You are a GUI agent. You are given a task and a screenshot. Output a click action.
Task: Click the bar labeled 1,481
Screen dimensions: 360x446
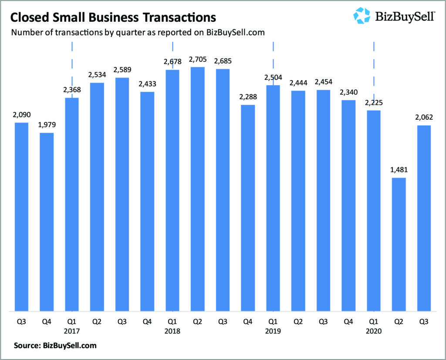(x=399, y=244)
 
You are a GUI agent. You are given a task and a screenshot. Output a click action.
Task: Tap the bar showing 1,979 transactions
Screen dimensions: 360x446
(x=47, y=222)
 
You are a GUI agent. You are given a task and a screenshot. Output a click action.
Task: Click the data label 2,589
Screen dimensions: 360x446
(x=122, y=70)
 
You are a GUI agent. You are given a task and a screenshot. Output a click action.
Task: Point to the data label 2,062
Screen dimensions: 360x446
(x=424, y=118)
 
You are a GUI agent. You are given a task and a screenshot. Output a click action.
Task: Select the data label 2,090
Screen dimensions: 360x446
(x=22, y=115)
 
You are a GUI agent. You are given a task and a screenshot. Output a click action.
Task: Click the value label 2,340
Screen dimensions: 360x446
(x=348, y=92)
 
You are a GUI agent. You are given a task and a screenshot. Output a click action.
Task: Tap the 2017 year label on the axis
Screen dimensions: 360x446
(x=72, y=331)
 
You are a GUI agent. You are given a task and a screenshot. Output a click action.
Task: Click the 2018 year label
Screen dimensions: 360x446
(x=172, y=331)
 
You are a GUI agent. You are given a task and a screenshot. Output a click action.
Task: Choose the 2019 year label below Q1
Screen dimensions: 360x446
(x=273, y=331)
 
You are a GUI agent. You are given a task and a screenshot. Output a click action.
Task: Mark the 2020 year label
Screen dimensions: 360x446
(x=374, y=331)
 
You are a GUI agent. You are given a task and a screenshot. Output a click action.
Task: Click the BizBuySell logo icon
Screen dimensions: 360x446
(x=362, y=15)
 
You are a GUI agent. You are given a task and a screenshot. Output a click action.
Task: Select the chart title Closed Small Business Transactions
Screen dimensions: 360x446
(x=113, y=17)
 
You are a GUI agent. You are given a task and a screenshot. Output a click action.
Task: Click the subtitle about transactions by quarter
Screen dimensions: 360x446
(x=138, y=33)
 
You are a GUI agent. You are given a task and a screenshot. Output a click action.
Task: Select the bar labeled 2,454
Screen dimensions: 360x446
(x=323, y=200)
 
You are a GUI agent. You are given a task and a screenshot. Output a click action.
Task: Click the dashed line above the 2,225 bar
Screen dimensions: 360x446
(x=374, y=65)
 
